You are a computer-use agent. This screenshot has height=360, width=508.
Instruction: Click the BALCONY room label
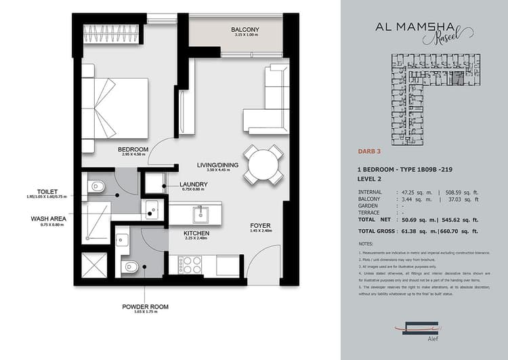click(x=242, y=31)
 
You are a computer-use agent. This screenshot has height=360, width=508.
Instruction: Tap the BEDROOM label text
click(x=133, y=149)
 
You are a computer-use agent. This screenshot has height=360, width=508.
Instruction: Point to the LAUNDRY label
click(x=193, y=184)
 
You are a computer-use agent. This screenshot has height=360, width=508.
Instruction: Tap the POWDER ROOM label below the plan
click(x=145, y=307)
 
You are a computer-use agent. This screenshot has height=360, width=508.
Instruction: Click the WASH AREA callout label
click(x=48, y=219)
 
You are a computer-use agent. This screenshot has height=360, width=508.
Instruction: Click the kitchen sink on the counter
click(x=202, y=215)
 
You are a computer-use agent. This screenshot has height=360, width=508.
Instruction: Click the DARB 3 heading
click(x=369, y=153)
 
